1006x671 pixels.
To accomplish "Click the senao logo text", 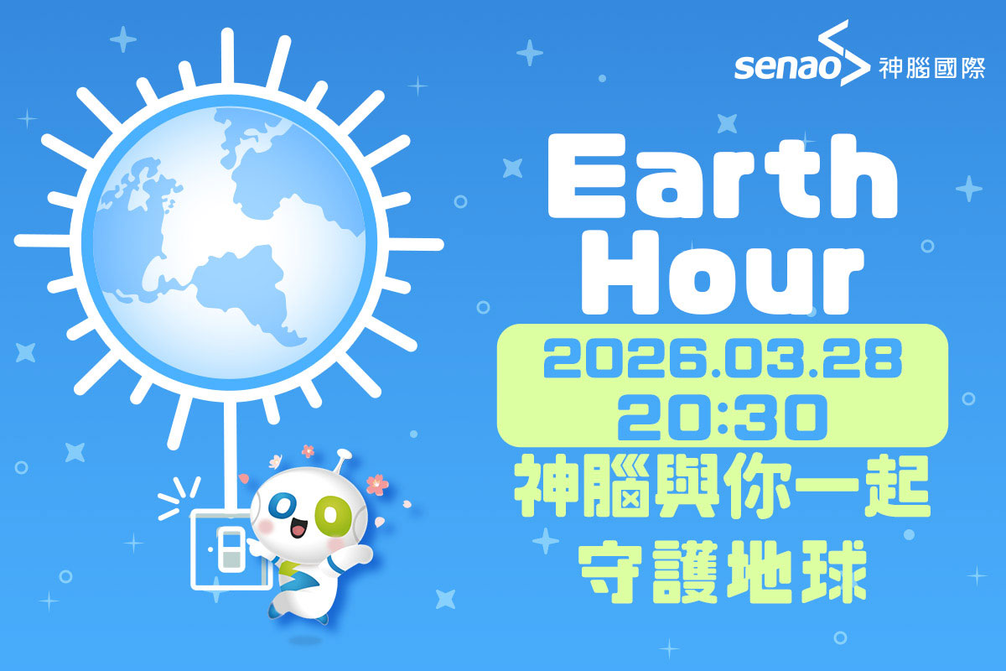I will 786,67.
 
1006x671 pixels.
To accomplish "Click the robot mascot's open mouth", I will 299,531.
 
